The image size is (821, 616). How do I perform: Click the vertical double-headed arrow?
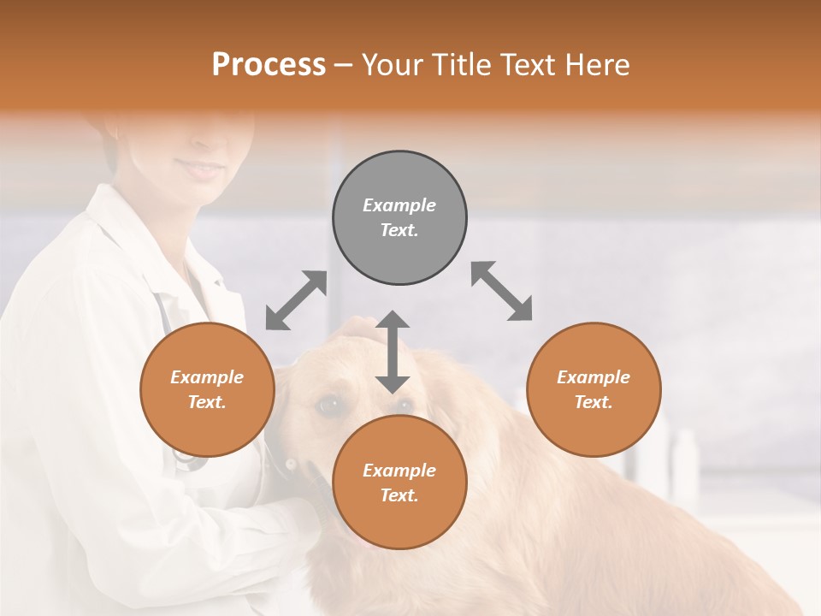393,352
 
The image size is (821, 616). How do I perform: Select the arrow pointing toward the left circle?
296,300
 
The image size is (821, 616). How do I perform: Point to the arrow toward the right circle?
501,291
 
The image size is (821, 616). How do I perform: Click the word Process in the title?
269,64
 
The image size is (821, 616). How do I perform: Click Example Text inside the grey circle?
399,217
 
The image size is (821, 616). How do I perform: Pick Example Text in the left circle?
207,389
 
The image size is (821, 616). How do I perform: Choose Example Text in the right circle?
594,389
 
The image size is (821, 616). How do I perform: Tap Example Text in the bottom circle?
399,483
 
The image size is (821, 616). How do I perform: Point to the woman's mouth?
202,169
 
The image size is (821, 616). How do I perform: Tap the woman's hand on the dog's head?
363,330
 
